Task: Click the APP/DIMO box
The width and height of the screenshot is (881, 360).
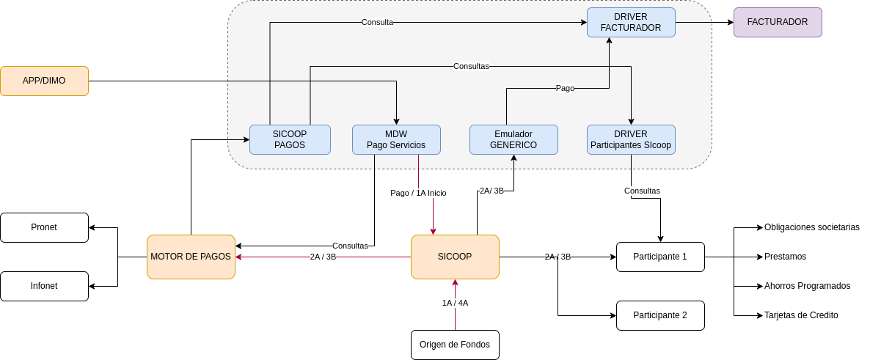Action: [45, 81]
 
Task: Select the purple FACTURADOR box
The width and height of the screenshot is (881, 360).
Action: [778, 23]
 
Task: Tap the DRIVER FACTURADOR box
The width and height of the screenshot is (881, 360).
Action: [631, 23]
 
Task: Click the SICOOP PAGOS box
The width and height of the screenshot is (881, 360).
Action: [290, 139]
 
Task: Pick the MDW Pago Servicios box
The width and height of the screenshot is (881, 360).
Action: [396, 139]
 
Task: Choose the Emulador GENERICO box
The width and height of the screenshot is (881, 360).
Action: [513, 139]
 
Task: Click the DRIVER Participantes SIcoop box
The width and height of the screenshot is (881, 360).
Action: [631, 139]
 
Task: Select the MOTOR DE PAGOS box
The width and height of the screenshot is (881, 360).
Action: [191, 257]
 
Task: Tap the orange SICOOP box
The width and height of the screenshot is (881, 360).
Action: [455, 257]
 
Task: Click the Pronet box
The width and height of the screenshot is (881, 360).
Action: [45, 227]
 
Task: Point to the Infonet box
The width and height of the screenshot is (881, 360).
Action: [45, 286]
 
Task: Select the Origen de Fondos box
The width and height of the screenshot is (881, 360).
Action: [455, 345]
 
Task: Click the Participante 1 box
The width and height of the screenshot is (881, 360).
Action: [660, 257]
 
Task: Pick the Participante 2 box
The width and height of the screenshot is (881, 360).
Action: [660, 315]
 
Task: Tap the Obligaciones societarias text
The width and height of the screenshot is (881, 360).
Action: [812, 227]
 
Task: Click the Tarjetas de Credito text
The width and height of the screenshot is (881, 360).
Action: [801, 315]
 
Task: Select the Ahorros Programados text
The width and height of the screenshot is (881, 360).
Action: [807, 286]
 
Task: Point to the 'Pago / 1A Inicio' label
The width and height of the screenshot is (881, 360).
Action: [418, 193]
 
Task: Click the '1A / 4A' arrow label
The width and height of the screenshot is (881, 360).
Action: [455, 303]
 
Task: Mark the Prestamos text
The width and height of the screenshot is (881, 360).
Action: [785, 257]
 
